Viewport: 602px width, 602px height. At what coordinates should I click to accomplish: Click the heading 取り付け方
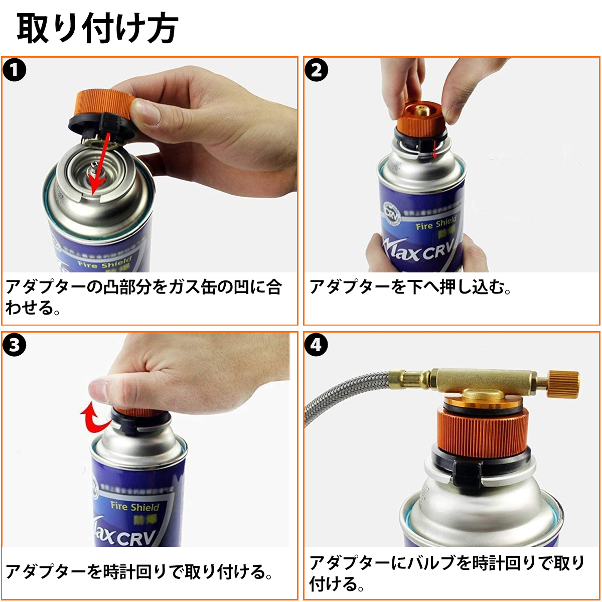point(97,28)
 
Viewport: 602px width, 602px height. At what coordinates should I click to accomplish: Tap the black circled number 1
point(15,70)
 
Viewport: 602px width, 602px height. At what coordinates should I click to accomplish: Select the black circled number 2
point(316,70)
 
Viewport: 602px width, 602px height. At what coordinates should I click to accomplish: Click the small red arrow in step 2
point(434,149)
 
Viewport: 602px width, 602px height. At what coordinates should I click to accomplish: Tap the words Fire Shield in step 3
point(134,507)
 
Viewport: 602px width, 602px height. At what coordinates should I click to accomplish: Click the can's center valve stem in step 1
point(93,169)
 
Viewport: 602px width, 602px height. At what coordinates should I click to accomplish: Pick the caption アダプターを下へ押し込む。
point(409,287)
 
